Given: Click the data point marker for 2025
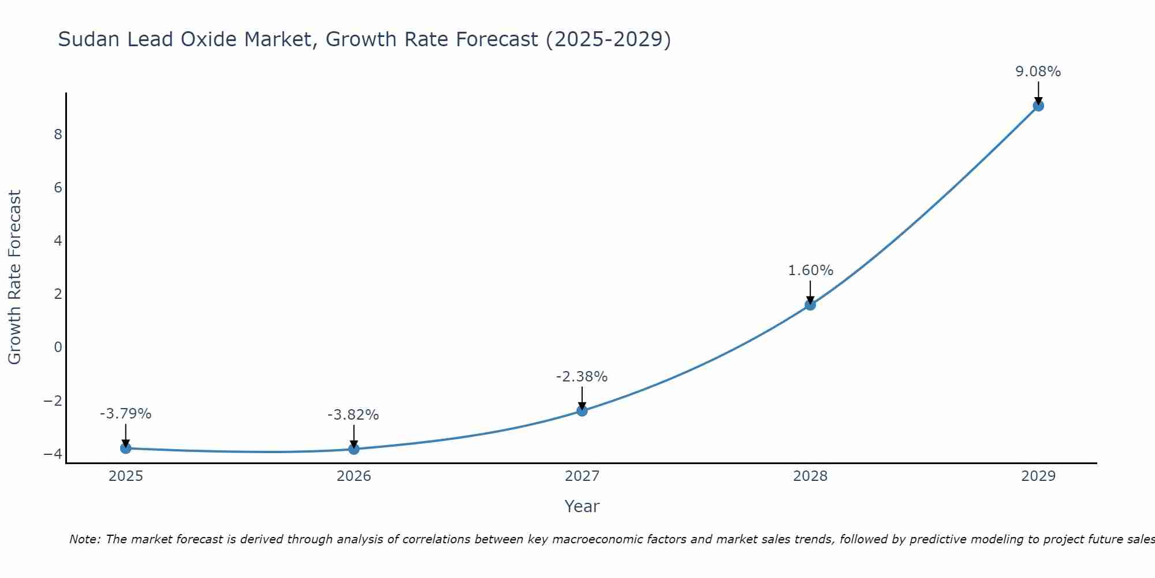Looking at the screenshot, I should point(126,448).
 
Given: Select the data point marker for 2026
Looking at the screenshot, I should point(354,449).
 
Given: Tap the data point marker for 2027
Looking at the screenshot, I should point(582,411).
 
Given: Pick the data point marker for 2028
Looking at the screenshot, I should point(810,305).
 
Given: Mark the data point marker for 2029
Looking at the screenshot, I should point(1038,106).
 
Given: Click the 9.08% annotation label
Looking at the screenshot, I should point(1038,72).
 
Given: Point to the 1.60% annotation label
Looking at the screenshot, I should point(810,271).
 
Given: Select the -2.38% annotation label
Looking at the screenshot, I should point(582,377).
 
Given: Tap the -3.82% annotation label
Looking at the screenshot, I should point(353,415).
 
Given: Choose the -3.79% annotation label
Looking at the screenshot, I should point(125,414).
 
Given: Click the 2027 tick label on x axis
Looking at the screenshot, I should point(582,476).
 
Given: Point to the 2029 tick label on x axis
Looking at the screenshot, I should point(1038,476).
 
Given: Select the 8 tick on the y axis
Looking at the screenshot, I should point(58,135).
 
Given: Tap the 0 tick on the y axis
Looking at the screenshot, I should point(58,347).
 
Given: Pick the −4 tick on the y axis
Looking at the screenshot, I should point(53,454).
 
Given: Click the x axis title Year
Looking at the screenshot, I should point(582,506).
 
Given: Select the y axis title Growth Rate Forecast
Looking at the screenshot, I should point(14,277).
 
